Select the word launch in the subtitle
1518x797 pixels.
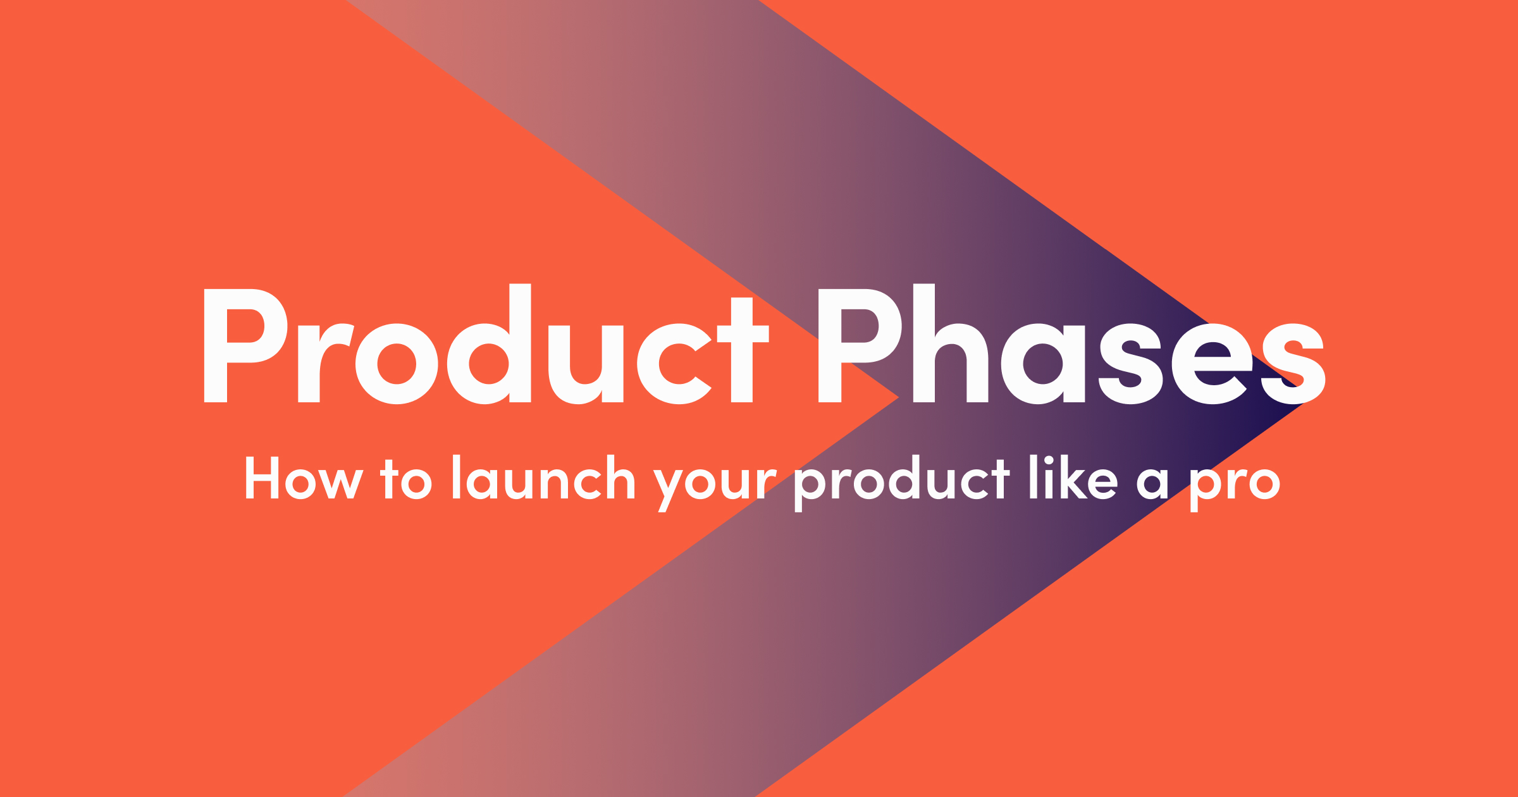click(543, 478)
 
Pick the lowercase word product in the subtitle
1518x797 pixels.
click(902, 481)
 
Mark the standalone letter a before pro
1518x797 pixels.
click(1152, 484)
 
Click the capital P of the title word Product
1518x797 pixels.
click(244, 345)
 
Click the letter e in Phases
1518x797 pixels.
click(1212, 364)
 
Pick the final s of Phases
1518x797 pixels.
click(1293, 364)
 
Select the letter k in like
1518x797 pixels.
click(1071, 478)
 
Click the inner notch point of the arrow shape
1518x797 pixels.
click(898, 398)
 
